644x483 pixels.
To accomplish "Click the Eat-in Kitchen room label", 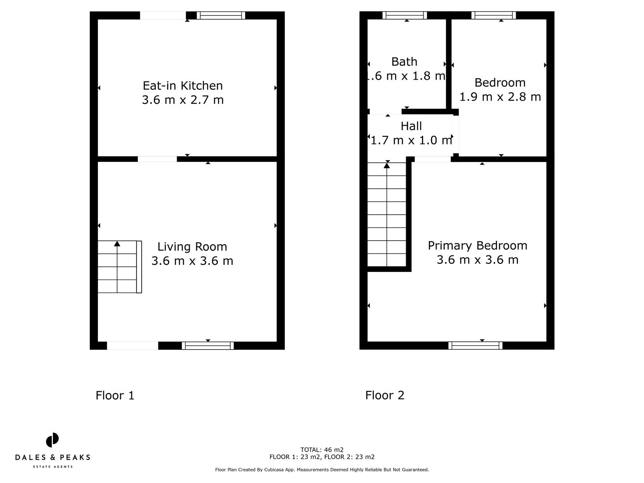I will pyautogui.click(x=182, y=85).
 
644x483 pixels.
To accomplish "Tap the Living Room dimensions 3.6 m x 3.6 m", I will pyautogui.click(x=192, y=261).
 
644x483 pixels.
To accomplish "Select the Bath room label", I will pyautogui.click(x=404, y=62).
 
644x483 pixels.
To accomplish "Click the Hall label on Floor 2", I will pyautogui.click(x=411, y=126).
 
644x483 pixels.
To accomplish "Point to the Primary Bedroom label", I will pyautogui.click(x=477, y=246).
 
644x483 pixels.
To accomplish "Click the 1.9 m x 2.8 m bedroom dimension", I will pyautogui.click(x=500, y=97).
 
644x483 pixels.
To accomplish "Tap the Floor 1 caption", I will pyautogui.click(x=115, y=395).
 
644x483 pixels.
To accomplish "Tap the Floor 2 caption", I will pyautogui.click(x=385, y=395).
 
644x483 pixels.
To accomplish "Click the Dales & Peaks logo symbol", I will pyautogui.click(x=52, y=440).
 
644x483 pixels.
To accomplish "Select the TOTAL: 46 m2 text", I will pyautogui.click(x=322, y=450).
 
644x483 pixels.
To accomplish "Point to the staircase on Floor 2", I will pyautogui.click(x=386, y=215).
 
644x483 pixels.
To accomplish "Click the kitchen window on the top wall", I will pyautogui.click(x=221, y=16).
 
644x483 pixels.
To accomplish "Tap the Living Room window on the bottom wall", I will pyautogui.click(x=208, y=345).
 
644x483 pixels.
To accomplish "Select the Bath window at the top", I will pyautogui.click(x=405, y=16).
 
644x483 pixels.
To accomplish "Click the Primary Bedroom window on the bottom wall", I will pyautogui.click(x=475, y=345).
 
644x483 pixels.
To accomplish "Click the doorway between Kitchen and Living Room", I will pyautogui.click(x=157, y=159).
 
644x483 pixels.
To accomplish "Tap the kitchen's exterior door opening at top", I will pyautogui.click(x=163, y=16).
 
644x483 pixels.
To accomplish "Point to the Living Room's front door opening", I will pyautogui.click(x=132, y=345).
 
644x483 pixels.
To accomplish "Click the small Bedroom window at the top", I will pyautogui.click(x=494, y=16).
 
